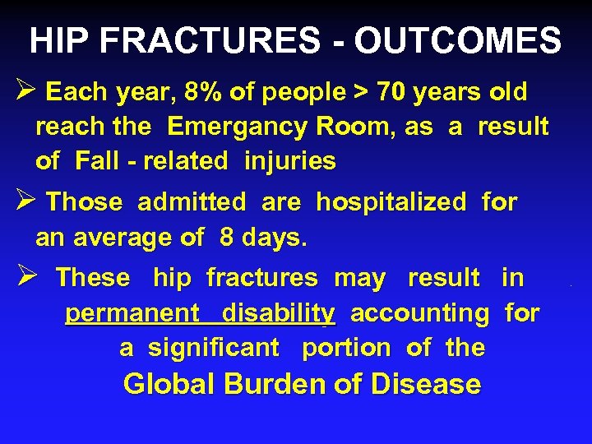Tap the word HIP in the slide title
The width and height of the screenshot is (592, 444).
[x=56, y=39]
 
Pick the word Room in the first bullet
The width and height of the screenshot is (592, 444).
[x=334, y=127]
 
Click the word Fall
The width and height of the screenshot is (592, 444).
[x=96, y=161]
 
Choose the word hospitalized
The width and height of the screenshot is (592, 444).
[x=391, y=202]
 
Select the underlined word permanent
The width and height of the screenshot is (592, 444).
[x=132, y=314]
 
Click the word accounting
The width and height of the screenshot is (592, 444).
[x=419, y=313]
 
